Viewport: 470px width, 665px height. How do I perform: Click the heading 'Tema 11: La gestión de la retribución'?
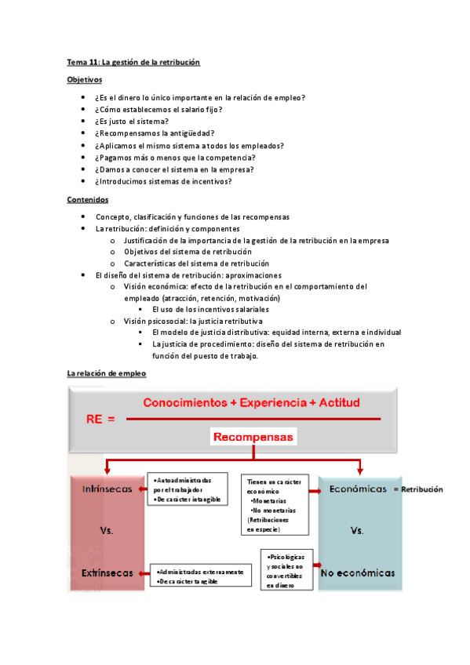pos(133,62)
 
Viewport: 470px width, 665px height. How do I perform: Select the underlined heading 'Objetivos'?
pos(84,79)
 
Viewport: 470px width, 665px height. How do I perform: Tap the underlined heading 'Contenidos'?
pos(88,199)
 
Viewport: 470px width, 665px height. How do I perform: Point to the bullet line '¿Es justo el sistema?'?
pos(132,122)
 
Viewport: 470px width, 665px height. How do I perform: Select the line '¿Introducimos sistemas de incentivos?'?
pos(163,181)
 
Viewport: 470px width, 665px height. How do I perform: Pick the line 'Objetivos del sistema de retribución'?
pos(188,252)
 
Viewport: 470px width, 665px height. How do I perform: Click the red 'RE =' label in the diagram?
pos(100,419)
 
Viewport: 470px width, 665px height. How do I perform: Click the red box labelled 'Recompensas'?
pos(253,436)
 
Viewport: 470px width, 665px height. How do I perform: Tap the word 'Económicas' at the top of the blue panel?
pos(358,489)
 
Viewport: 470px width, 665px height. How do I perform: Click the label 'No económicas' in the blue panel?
pos(358,573)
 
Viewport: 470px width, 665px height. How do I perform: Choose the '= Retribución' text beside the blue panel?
pos(417,489)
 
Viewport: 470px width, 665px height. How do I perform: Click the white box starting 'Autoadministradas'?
pos(187,489)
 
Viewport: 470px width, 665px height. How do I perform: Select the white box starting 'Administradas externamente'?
pos(197,576)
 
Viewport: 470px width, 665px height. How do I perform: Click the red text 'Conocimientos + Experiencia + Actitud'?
pos(251,403)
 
